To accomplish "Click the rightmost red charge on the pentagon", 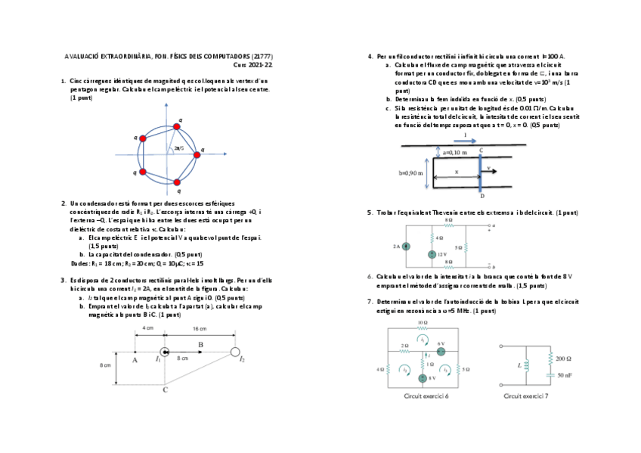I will point(197,154).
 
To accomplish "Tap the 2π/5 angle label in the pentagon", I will point(179,148).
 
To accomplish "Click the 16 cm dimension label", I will point(200,329).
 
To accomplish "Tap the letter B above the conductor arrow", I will point(200,344).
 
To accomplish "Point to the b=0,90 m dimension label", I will point(410,173).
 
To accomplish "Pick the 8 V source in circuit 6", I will point(424,377).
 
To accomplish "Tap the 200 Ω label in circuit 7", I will point(564,358).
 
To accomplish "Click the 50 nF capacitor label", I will point(564,375).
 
